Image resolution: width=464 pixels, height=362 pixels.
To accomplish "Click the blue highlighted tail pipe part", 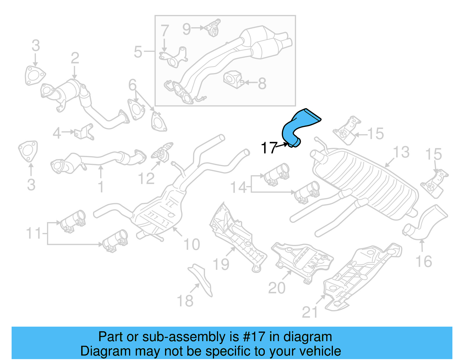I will (x=299, y=125).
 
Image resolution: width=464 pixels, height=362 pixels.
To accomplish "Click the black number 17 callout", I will (x=269, y=148).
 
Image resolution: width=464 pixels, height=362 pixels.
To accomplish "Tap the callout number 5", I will (x=138, y=52).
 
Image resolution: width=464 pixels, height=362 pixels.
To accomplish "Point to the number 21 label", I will (x=310, y=312).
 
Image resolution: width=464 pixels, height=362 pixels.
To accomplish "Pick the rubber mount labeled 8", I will (x=233, y=79).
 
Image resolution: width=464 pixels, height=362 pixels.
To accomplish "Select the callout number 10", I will (x=192, y=244).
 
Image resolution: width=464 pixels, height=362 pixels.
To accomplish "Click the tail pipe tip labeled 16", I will (x=425, y=223).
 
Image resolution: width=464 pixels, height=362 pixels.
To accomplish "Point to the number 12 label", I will (x=146, y=179).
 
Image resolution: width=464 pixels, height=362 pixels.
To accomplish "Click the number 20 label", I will (x=277, y=288).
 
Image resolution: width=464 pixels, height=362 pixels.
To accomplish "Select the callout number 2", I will (x=75, y=58).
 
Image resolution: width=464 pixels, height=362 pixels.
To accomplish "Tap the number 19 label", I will (x=221, y=264).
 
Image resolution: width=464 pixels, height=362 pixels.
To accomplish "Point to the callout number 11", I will (x=34, y=233).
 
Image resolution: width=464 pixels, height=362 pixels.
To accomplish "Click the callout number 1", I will (x=101, y=187).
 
